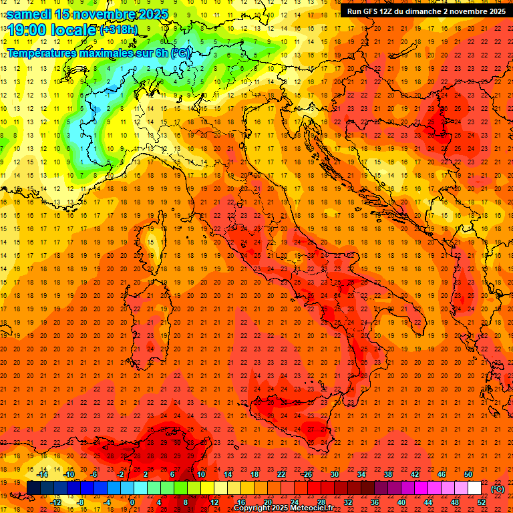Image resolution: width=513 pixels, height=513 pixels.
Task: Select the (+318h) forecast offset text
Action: (118, 30)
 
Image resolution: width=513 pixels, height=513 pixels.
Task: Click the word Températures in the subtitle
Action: (45, 52)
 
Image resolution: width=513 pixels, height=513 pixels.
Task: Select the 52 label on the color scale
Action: (482, 502)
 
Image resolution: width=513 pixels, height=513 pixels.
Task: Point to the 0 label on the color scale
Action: (133, 502)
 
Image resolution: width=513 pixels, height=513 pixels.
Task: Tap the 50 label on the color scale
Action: (468, 474)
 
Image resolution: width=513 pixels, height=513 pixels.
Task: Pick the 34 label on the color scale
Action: (361, 474)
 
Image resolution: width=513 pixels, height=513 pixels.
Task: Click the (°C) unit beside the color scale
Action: (497, 488)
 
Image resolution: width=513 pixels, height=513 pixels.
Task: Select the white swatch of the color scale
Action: (475, 488)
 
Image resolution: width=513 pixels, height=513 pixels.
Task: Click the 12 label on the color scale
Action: (214, 502)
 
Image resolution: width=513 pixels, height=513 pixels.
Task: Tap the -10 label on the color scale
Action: (68, 474)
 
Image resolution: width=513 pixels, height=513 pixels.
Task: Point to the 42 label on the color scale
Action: (415, 474)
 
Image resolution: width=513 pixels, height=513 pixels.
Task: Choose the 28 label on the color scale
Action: (321, 502)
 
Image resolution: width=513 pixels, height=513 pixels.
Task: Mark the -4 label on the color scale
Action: (106, 502)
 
